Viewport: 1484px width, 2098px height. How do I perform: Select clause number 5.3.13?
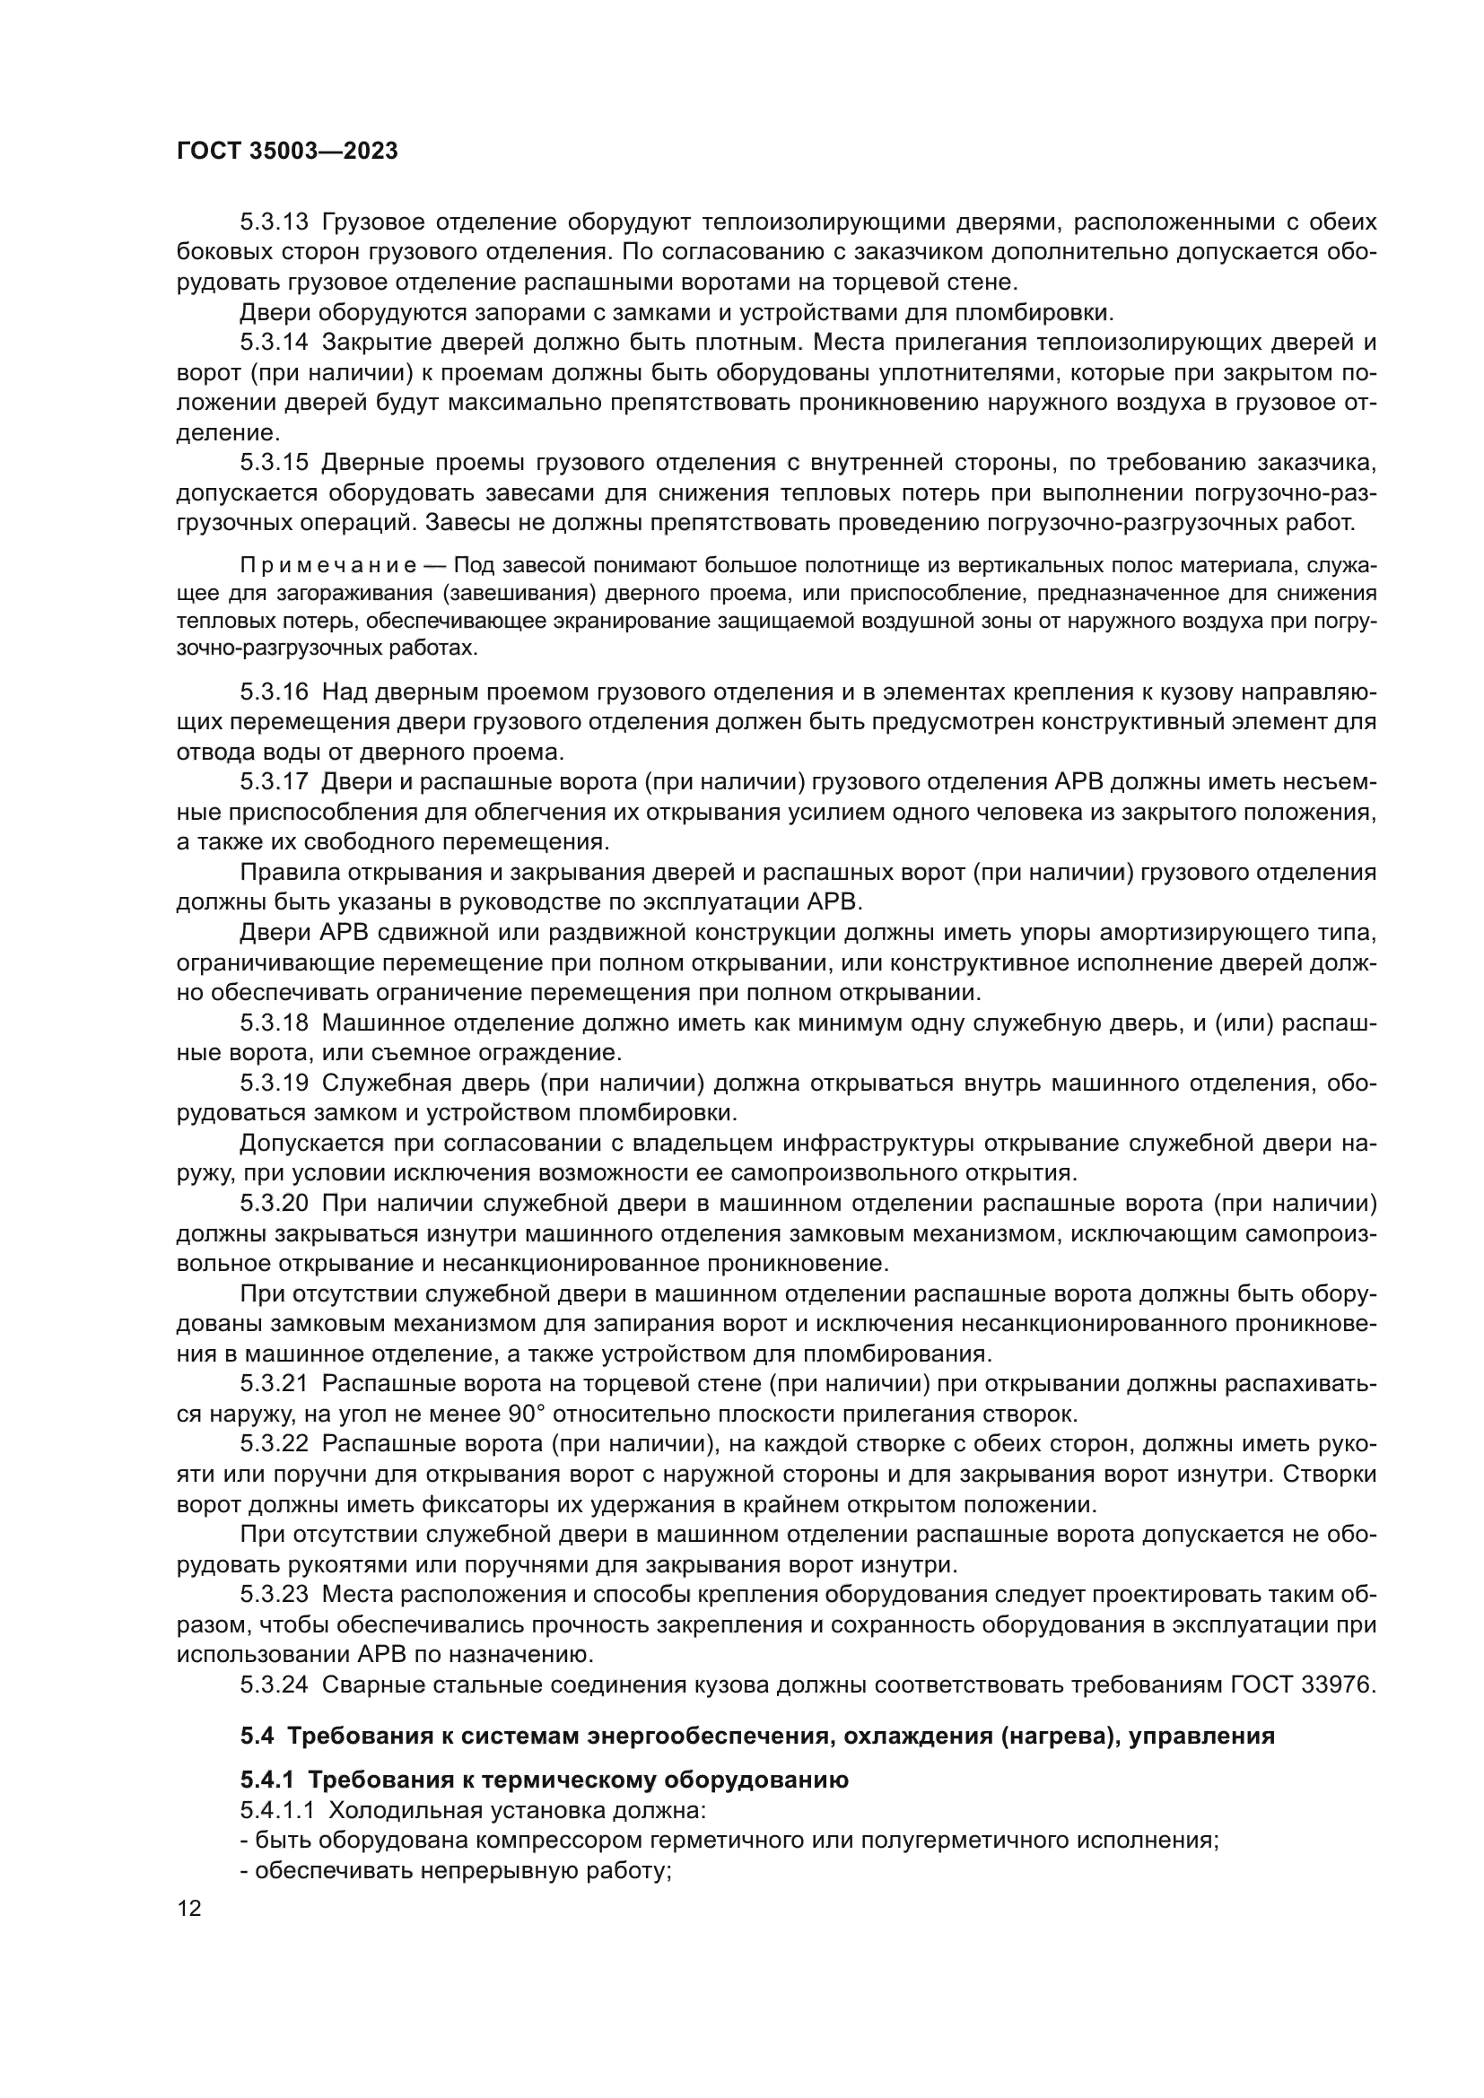275,222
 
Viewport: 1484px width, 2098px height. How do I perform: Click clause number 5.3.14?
275,343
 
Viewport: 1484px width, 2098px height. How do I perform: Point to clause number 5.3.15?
275,463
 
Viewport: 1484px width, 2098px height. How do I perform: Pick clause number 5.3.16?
275,692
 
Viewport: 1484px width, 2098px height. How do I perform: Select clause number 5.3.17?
275,782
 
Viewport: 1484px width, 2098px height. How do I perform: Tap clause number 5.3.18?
275,1023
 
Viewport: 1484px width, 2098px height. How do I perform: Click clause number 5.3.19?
275,1083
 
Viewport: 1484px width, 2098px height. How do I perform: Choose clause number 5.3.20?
275,1204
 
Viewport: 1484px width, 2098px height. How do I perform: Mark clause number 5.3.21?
275,1384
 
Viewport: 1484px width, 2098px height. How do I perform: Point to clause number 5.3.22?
275,1444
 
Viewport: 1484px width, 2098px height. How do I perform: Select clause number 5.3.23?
275,1595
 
